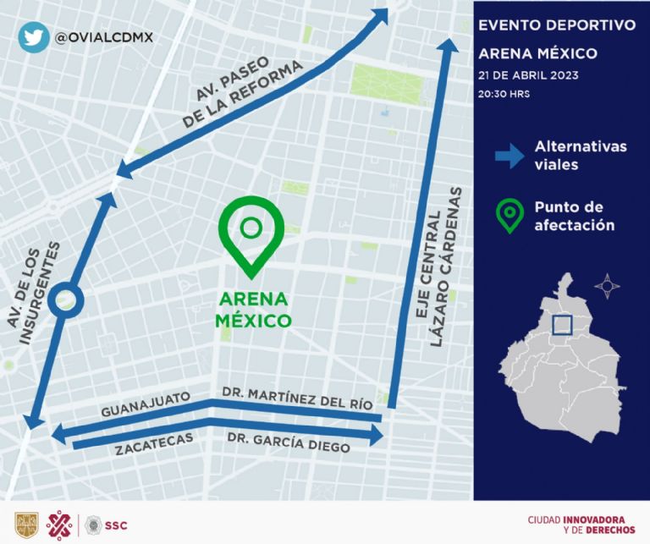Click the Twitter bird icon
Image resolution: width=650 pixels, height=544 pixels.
click(x=32, y=37)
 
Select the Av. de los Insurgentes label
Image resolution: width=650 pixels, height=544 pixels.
click(x=39, y=292)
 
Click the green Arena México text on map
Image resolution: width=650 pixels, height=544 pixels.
click(x=253, y=310)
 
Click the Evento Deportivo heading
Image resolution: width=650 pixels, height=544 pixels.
click(x=556, y=25)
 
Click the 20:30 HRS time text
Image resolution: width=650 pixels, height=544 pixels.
click(x=504, y=94)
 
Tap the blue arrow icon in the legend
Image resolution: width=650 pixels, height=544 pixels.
click(x=510, y=156)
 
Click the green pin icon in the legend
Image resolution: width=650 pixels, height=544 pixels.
click(x=510, y=215)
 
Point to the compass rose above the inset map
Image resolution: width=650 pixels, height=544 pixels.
click(x=607, y=286)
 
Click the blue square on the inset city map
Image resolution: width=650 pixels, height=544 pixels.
click(x=564, y=327)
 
